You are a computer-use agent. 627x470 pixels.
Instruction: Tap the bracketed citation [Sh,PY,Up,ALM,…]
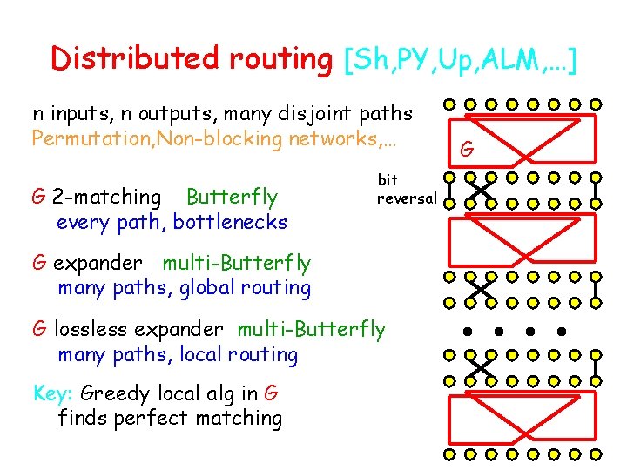462,60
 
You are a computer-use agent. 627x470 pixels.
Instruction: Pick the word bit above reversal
388,179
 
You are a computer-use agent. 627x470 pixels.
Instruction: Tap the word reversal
406,198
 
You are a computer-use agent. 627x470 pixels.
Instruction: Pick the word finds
82,418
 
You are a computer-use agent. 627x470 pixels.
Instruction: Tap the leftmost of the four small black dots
467,332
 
